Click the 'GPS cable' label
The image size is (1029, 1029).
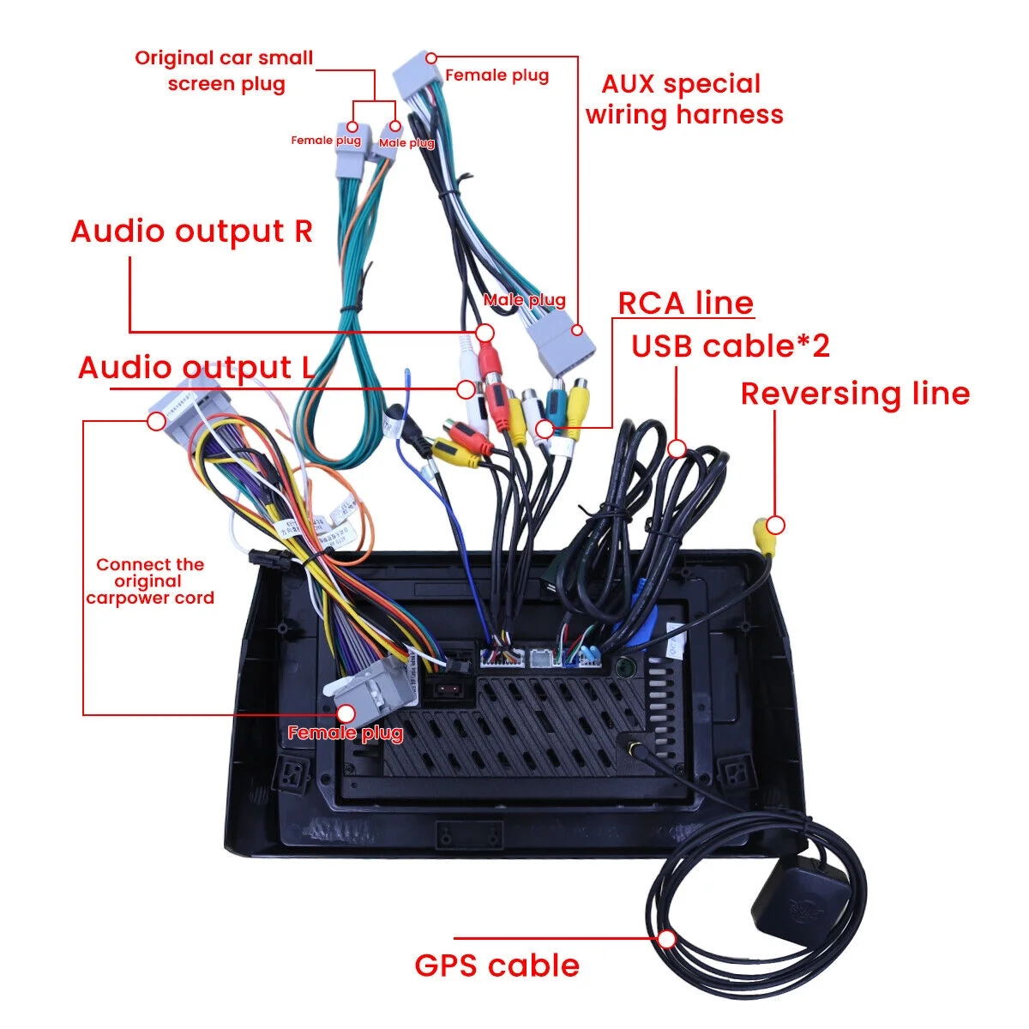pos(496,966)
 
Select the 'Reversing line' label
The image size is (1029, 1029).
pos(855,394)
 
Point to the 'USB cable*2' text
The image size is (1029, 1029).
pos(731,346)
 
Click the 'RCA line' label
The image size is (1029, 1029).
pos(685,304)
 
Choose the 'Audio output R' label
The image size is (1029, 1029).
pos(191,232)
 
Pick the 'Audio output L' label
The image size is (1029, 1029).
pos(196,368)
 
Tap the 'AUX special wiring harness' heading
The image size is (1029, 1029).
pos(683,99)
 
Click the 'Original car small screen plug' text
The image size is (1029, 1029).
pos(224,71)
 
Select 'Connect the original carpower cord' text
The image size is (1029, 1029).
pos(150,581)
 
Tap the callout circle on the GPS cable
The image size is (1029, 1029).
pos(668,939)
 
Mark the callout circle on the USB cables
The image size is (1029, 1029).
pos(677,448)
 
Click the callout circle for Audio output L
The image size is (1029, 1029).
pos(466,389)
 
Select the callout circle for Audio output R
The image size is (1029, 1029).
pos(485,333)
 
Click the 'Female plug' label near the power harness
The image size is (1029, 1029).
pos(345,733)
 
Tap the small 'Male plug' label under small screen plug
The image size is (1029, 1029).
pos(406,143)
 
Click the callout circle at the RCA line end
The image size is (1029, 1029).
pos(545,428)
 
